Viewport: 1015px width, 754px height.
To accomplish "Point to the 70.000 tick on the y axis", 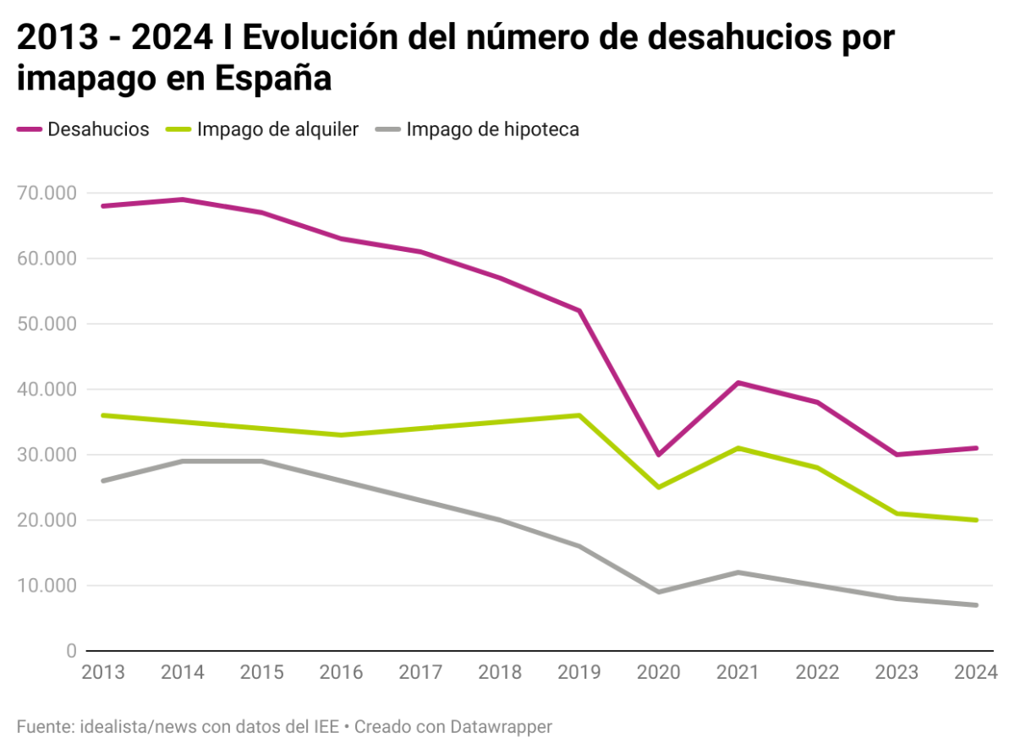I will click(x=47, y=194).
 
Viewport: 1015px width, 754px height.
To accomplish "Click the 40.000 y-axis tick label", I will click(x=47, y=390).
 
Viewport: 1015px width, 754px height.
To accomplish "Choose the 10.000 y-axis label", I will click(x=47, y=586).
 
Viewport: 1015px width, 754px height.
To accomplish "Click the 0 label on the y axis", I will click(x=70, y=651).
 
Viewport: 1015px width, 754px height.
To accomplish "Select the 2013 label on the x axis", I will click(x=103, y=673).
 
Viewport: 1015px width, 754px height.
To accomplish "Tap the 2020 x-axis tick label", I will click(x=658, y=673).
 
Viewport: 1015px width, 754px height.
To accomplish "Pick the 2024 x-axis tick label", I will click(x=975, y=673).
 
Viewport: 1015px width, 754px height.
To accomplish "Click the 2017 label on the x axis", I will click(x=420, y=673).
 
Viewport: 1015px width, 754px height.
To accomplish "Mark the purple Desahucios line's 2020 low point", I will click(x=658, y=455).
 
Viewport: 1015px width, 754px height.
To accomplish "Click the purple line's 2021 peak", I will click(x=738, y=383).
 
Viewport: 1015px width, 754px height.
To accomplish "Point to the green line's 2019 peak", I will click(x=579, y=415).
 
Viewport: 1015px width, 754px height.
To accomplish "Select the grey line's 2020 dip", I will click(x=658, y=592).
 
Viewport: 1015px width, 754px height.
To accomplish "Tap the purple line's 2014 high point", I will click(x=183, y=199).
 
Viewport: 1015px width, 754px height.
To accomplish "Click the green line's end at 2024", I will click(x=976, y=520).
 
